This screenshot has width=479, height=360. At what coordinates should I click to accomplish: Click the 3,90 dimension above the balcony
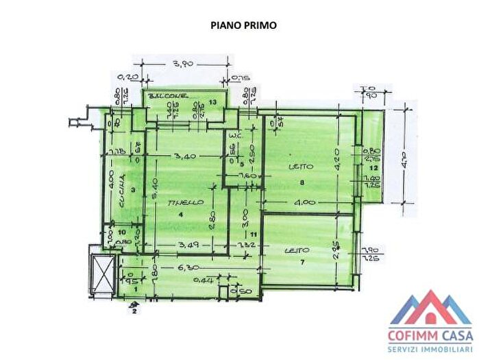click(x=181, y=64)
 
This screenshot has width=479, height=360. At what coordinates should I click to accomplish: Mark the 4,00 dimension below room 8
click(x=306, y=202)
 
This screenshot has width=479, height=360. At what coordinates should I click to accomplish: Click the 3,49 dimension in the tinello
click(x=181, y=243)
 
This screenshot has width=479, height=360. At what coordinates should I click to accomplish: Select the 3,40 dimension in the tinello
click(x=186, y=156)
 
